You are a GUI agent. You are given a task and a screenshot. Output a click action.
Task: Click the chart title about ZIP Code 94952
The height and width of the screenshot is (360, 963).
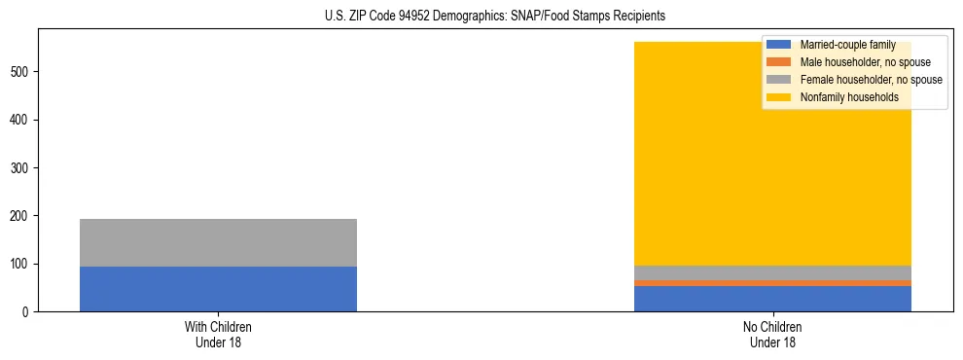pyautogui.click(x=481, y=17)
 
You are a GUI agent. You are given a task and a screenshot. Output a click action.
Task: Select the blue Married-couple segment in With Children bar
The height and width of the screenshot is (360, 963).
pyautogui.click(x=218, y=289)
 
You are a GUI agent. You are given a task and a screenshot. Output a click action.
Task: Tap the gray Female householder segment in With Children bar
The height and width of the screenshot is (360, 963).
pyautogui.click(x=218, y=242)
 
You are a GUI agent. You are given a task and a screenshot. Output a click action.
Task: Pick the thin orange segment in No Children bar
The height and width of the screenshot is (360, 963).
pyautogui.click(x=772, y=283)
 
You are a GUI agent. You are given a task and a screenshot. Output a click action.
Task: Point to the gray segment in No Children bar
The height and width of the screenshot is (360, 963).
pyautogui.click(x=772, y=272)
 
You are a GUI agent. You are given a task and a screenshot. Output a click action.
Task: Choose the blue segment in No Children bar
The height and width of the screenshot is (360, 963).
pyautogui.click(x=772, y=299)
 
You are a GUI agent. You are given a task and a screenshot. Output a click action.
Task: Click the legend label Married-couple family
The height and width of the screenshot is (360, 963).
pyautogui.click(x=847, y=45)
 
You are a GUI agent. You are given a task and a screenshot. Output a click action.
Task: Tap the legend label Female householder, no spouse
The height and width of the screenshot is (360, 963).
pyautogui.click(x=871, y=80)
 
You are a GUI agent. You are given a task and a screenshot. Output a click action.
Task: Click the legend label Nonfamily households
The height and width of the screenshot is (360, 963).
pyautogui.click(x=848, y=97)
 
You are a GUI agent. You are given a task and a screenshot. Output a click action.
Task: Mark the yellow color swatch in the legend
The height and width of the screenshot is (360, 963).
pyautogui.click(x=779, y=97)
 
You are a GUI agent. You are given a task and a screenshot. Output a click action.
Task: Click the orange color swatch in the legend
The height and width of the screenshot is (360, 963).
pyautogui.click(x=779, y=62)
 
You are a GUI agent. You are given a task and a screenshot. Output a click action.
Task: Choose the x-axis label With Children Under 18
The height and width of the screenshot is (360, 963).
pyautogui.click(x=218, y=335)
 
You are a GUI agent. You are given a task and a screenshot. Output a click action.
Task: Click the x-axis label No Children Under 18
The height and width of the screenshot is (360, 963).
pyautogui.click(x=772, y=335)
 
